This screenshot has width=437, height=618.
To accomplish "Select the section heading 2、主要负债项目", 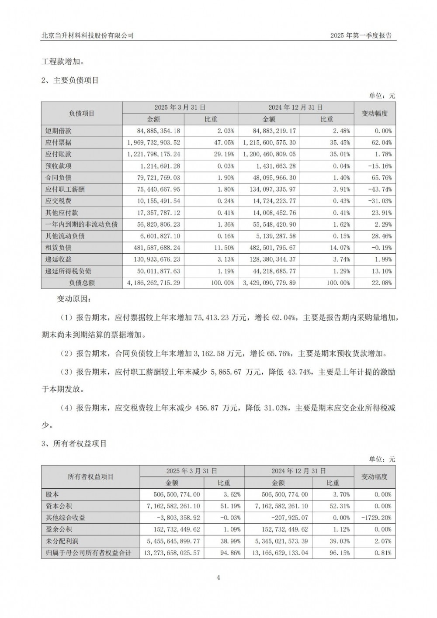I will [x=70, y=80].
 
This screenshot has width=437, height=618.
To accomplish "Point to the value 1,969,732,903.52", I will [x=153, y=142].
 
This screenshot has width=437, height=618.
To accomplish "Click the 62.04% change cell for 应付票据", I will [x=381, y=142].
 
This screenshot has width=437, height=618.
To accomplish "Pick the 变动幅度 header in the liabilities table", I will [x=375, y=113].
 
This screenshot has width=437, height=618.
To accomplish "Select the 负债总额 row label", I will [x=82, y=283].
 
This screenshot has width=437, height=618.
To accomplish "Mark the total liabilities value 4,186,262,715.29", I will [x=153, y=283].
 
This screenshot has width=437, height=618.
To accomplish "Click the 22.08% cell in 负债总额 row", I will [x=381, y=283].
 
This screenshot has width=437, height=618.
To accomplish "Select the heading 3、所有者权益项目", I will [x=74, y=444].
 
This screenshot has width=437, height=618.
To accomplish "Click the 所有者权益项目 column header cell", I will [x=90, y=476].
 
